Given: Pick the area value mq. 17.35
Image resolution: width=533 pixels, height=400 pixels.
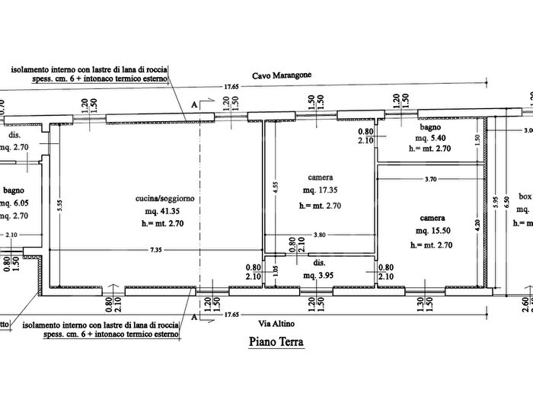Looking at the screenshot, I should pyautogui.click(x=321, y=190).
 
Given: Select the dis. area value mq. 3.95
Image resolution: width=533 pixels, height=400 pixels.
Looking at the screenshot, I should pyautogui.click(x=320, y=275).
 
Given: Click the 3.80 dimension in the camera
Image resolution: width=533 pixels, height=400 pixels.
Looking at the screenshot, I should pyautogui.click(x=320, y=235).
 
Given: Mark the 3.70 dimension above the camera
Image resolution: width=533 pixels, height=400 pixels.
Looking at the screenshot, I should pyautogui.click(x=430, y=179).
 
